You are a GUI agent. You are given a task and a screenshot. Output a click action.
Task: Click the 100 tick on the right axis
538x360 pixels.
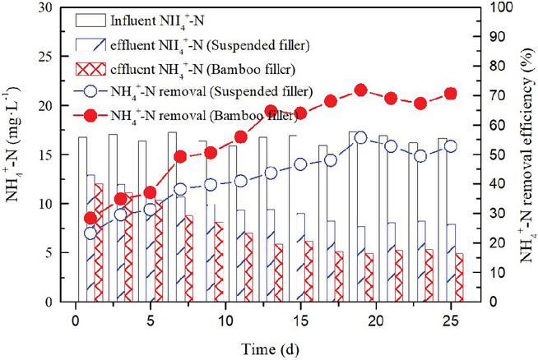coord(485,7)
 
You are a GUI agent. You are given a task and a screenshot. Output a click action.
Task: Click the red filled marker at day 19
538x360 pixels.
coord(359,90)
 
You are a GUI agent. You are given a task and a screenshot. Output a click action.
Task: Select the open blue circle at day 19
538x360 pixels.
coord(359,137)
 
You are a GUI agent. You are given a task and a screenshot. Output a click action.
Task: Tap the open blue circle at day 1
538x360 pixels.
coord(90,233)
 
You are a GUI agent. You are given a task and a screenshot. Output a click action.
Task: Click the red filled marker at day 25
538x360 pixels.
coord(450,94)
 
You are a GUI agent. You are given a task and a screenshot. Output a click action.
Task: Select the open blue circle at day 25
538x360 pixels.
coord(450,146)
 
